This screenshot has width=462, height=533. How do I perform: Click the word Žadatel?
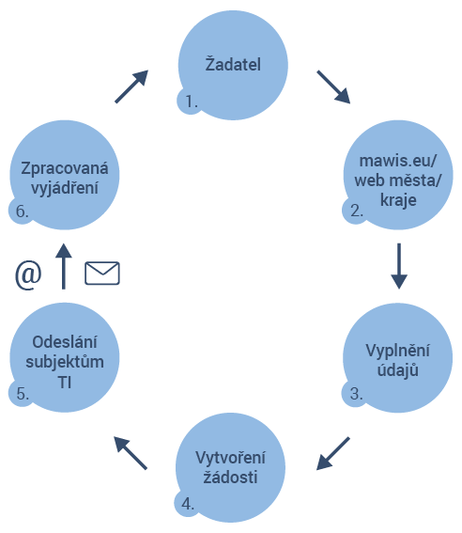233,64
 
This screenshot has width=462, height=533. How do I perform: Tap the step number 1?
192,102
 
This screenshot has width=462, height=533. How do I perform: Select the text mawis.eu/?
398,161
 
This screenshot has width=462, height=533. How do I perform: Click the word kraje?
398,200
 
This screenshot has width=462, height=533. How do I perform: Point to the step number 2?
357,211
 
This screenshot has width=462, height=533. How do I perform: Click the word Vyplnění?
397,351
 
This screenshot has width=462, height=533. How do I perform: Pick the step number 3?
357,394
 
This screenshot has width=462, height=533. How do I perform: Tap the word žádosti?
230,477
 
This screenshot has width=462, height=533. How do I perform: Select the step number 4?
188,504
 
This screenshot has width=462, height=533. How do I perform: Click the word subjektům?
65,362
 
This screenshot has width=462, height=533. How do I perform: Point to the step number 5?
23,394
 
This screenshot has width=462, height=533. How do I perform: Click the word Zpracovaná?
65,168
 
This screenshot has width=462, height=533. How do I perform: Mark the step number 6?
22,212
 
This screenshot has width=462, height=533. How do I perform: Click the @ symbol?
28,275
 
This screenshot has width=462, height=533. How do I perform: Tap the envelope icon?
102,273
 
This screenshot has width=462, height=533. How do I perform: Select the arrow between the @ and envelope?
64,266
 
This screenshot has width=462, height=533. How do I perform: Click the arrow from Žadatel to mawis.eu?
333,87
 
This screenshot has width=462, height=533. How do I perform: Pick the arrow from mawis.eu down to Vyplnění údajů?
399,266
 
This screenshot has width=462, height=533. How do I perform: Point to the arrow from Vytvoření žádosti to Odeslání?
131,453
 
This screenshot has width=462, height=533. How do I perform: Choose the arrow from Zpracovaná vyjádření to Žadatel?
131,86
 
